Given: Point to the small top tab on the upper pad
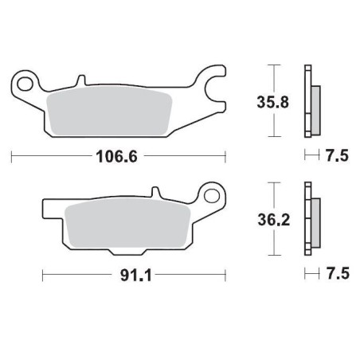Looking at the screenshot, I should [x=80, y=81].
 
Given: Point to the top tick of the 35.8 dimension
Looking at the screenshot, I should [x=273, y=64].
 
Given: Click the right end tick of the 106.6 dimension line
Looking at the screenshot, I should [x=225, y=157].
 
